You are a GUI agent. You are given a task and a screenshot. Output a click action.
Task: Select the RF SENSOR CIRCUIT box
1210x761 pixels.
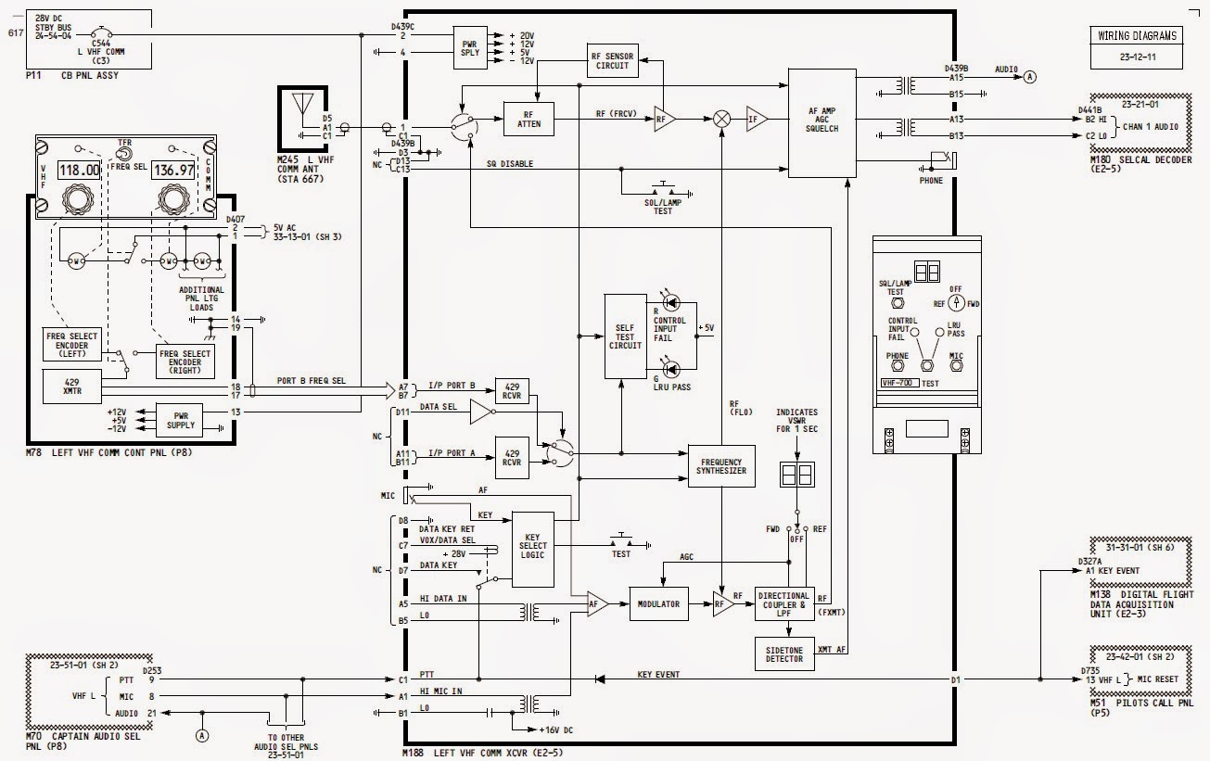(610, 61)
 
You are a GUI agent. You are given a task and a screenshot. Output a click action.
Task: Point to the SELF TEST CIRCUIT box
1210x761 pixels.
(624, 336)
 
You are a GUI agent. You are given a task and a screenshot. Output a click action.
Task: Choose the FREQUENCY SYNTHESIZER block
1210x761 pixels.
(721, 465)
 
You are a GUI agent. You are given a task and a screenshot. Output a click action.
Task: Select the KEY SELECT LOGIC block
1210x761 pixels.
(532, 548)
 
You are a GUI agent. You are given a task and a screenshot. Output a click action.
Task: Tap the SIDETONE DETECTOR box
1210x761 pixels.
(783, 653)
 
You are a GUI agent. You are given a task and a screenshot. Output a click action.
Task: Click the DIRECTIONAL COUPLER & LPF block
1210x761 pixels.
(783, 603)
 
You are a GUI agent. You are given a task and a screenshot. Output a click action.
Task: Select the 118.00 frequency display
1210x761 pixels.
(78, 171)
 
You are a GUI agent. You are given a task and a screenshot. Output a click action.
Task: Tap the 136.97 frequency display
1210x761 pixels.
(173, 171)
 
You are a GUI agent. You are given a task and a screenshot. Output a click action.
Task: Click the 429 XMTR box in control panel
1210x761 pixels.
(72, 387)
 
